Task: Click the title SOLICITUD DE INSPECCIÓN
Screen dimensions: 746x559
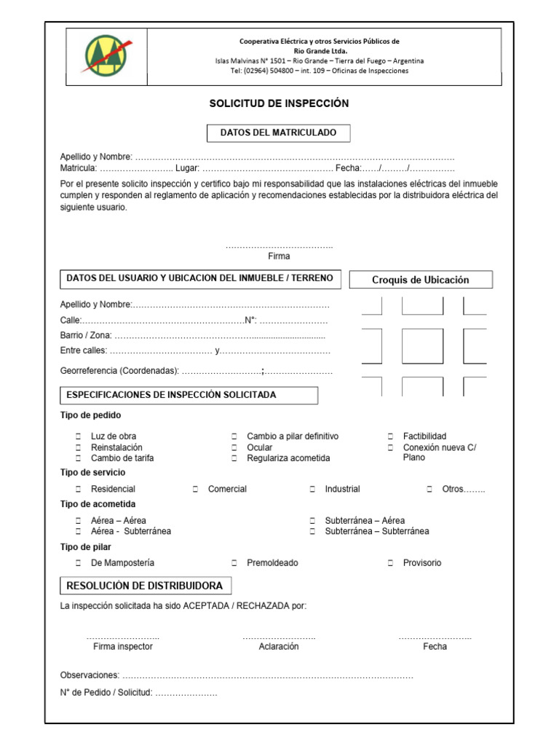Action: tap(279, 103)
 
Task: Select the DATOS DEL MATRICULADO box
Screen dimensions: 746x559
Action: tap(278, 133)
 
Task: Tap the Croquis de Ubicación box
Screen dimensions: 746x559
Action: tap(421, 280)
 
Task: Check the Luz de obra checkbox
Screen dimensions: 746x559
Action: tap(78, 436)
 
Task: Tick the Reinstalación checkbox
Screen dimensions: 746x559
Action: tap(78, 447)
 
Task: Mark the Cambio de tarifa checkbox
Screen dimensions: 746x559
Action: tap(78, 458)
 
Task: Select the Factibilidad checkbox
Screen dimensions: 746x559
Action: tap(390, 436)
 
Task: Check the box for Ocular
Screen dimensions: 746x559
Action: tap(234, 447)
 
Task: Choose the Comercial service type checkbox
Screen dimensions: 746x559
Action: tap(196, 489)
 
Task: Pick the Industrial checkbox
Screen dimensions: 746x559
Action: tap(312, 489)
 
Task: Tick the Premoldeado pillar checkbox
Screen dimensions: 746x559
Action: tap(234, 563)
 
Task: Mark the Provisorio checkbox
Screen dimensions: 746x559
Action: tap(390, 563)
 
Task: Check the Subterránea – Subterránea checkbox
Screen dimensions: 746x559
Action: tap(312, 531)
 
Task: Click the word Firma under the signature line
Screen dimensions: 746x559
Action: tap(279, 256)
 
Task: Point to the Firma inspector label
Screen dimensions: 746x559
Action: tap(123, 646)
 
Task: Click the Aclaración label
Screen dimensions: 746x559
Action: tap(279, 646)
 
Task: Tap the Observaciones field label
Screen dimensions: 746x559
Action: tap(90, 675)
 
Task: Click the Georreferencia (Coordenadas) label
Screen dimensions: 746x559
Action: tap(119, 371)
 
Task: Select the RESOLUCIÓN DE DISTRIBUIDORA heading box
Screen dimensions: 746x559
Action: tap(145, 586)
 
